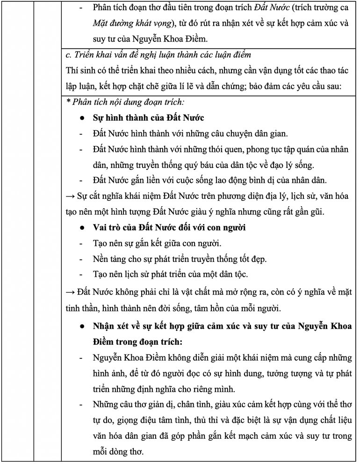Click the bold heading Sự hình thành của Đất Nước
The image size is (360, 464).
pyautogui.click(x=148, y=117)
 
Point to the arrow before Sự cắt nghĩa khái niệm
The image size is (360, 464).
pyautogui.click(x=71, y=196)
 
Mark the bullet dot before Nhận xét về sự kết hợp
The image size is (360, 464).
pyautogui.click(x=82, y=325)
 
